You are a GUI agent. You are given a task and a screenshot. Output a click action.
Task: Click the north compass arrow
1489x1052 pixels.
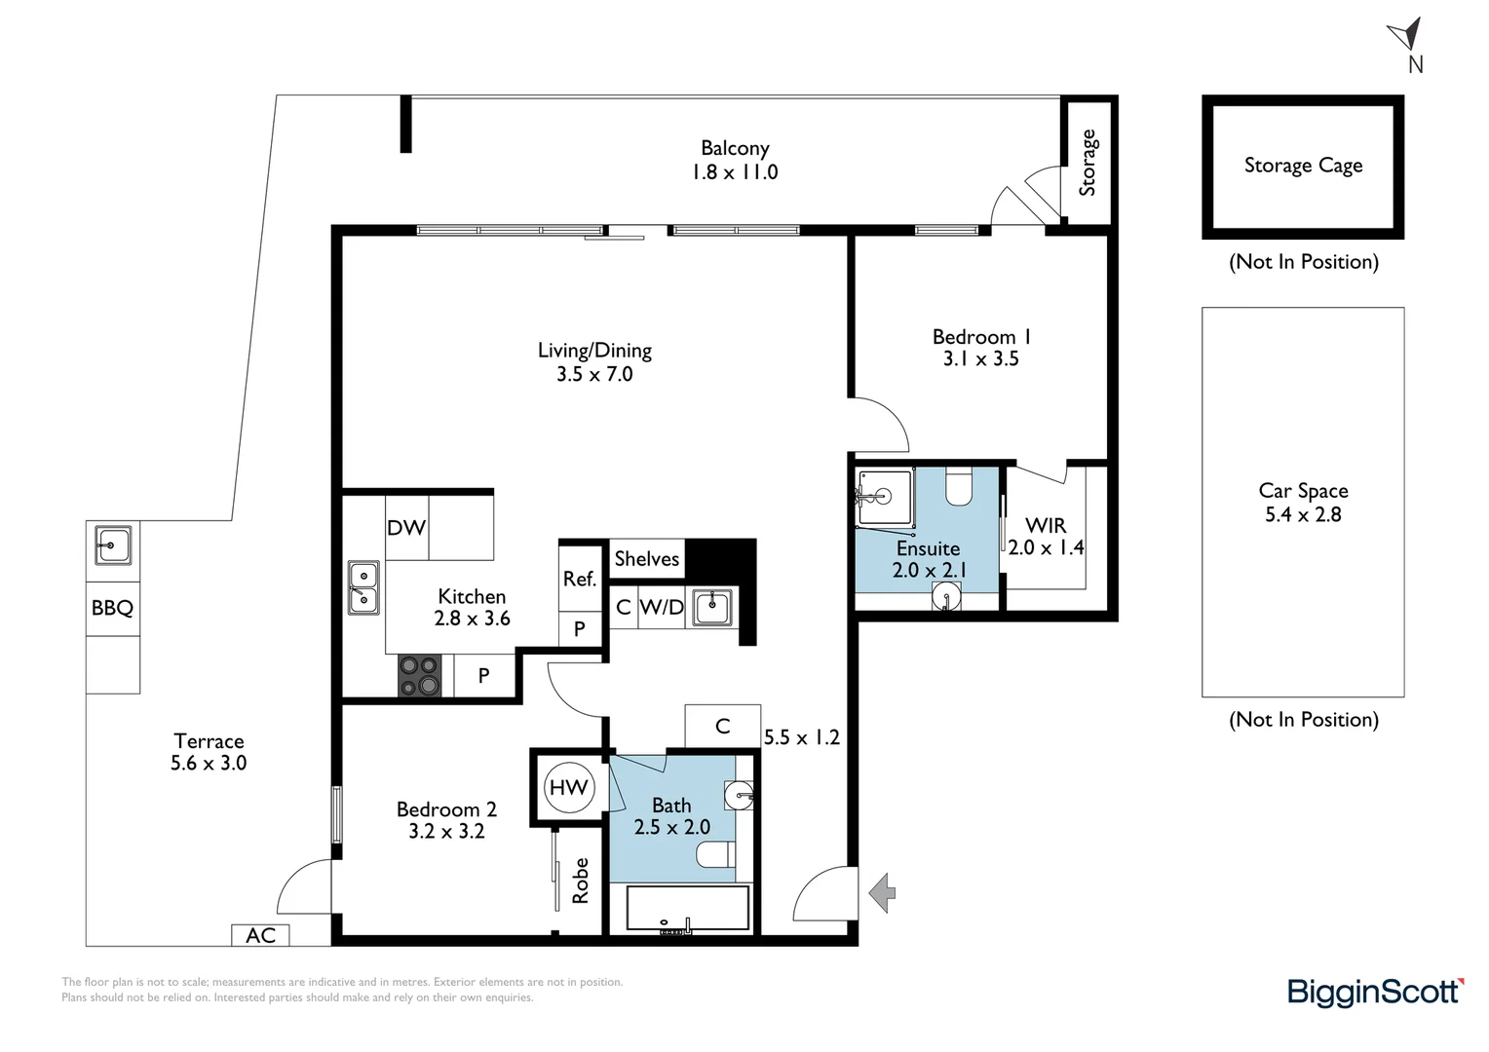pyautogui.click(x=1403, y=36)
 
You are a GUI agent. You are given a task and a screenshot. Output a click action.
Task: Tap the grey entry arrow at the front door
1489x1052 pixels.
pyautogui.click(x=882, y=892)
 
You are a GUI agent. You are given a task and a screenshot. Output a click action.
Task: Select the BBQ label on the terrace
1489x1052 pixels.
pyautogui.click(x=112, y=608)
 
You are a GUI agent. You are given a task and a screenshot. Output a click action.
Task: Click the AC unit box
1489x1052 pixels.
pyautogui.click(x=260, y=935)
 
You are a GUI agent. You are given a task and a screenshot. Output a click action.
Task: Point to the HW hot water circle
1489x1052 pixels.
pyautogui.click(x=568, y=787)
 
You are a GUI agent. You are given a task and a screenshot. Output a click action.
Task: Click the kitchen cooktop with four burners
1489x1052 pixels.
pyautogui.click(x=420, y=676)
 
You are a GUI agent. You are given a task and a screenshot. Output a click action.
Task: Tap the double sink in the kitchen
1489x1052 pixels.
pyautogui.click(x=363, y=587)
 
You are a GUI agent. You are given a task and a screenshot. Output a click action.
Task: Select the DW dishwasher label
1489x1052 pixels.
pyautogui.click(x=406, y=527)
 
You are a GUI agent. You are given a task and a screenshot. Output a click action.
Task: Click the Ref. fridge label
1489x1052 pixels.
pyautogui.click(x=579, y=579)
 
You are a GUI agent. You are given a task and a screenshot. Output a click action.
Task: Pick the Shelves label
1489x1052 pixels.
pyautogui.click(x=646, y=558)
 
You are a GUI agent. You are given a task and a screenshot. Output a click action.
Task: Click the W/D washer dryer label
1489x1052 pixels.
pyautogui.click(x=662, y=607)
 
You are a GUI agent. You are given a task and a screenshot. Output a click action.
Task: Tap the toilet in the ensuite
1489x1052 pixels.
pyautogui.click(x=959, y=486)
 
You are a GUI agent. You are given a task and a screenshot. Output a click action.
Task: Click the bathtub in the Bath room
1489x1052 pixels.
pyautogui.click(x=687, y=910)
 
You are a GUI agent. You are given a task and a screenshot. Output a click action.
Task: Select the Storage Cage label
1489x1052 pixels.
pyautogui.click(x=1303, y=166)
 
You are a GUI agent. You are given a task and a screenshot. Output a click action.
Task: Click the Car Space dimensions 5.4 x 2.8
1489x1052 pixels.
pyautogui.click(x=1303, y=514)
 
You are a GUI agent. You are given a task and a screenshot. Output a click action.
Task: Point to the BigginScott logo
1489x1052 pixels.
pyautogui.click(x=1375, y=992)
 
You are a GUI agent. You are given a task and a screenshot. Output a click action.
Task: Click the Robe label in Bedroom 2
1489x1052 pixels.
pyautogui.click(x=581, y=880)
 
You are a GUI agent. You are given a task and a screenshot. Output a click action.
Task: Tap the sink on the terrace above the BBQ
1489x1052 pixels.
pyautogui.click(x=113, y=545)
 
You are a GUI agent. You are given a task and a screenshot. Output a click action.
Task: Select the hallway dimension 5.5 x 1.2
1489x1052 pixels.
pyautogui.click(x=801, y=737)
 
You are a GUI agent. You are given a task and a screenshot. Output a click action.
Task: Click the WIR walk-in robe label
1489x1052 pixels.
pyautogui.click(x=1045, y=525)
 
